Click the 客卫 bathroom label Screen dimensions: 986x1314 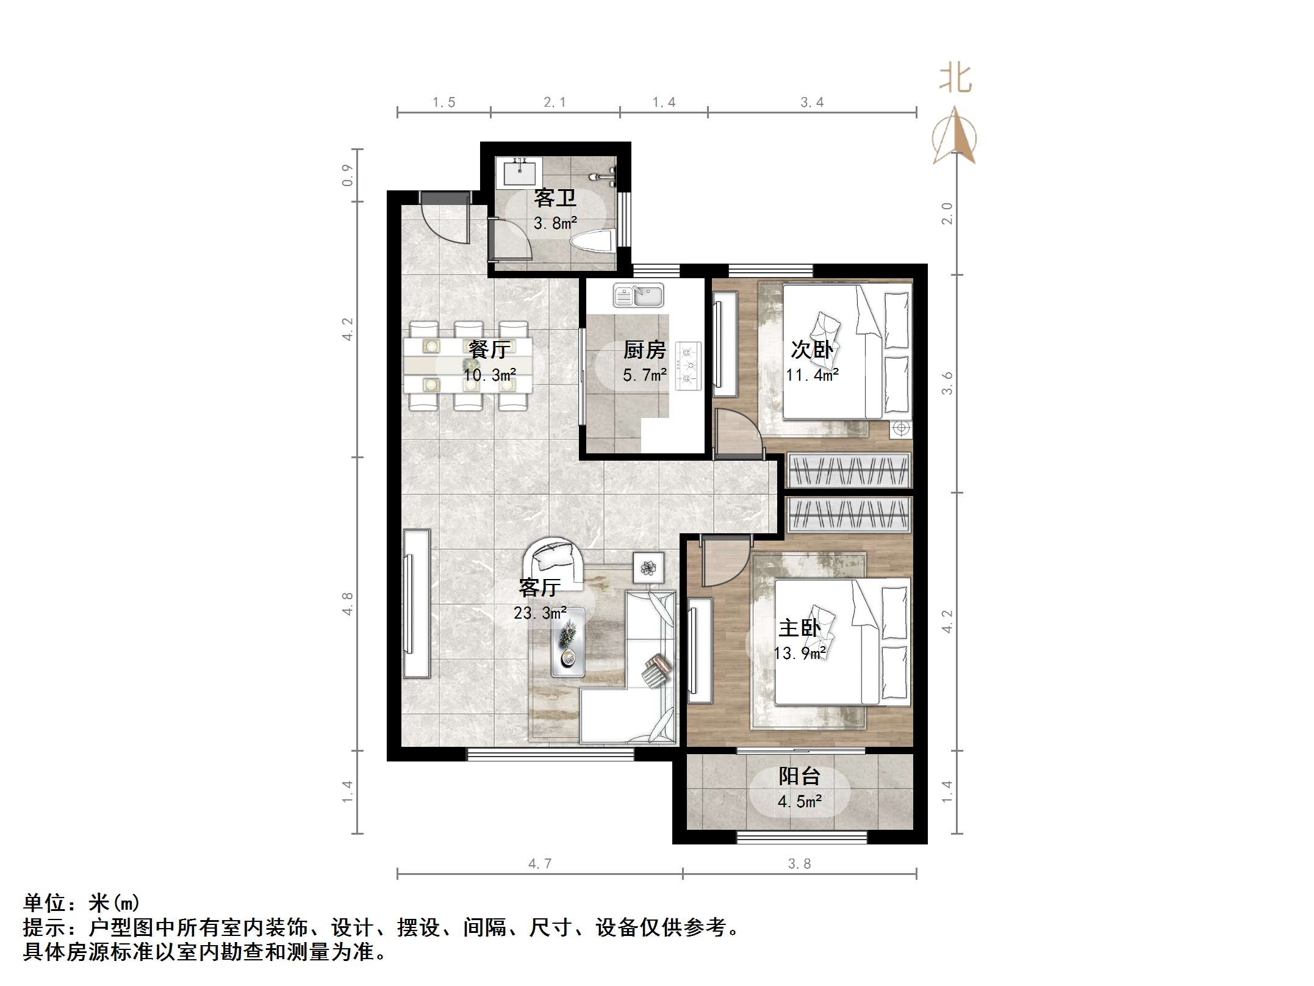point(555,198)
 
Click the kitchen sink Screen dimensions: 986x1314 point(639,296)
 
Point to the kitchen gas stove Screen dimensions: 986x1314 point(689,365)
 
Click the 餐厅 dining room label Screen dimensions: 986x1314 point(489,350)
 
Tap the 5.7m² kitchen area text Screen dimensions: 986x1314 point(644,375)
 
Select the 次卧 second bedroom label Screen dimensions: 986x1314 point(811,350)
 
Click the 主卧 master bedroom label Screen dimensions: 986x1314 point(799,628)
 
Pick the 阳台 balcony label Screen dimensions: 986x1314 point(799,776)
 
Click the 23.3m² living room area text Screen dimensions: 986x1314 point(540,613)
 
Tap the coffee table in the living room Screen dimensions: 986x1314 point(568,642)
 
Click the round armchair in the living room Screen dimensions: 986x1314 point(553,560)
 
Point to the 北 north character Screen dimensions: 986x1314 point(955,79)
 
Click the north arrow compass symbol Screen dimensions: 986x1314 point(955,137)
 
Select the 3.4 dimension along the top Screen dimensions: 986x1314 point(812,103)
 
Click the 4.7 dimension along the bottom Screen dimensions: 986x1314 point(540,863)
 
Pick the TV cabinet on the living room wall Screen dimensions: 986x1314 point(417,603)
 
